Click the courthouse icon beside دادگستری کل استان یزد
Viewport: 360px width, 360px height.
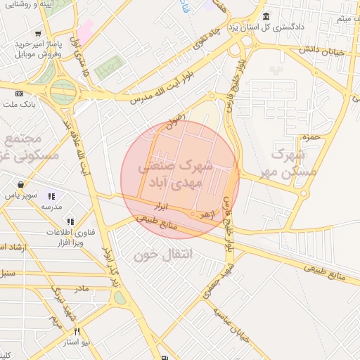(x=266, y=17)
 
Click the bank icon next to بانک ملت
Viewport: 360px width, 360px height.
(x=19, y=94)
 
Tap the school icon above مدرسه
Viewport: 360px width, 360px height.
(x=51, y=196)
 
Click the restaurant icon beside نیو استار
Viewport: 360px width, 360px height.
(x=77, y=331)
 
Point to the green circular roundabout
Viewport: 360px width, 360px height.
(x=63, y=89)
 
